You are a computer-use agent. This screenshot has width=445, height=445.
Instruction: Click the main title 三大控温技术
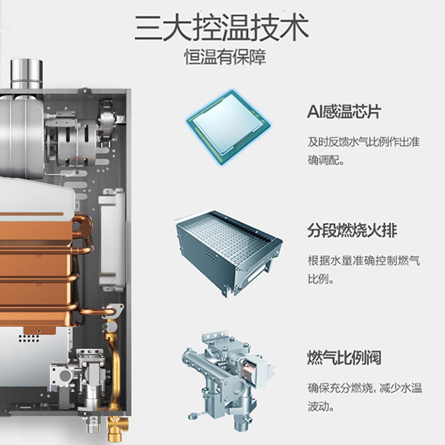click(221, 27)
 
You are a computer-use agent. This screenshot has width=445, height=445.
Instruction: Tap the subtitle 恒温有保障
click(225, 57)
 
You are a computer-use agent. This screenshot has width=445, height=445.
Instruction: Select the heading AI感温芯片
click(344, 111)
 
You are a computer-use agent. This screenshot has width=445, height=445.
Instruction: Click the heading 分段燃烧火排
click(352, 230)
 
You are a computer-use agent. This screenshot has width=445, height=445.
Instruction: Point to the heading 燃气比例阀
click(344, 357)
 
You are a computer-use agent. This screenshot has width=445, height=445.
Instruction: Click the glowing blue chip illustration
click(229, 127)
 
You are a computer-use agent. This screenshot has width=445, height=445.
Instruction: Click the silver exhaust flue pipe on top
click(27, 75)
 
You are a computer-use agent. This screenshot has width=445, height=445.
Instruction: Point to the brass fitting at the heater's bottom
click(117, 428)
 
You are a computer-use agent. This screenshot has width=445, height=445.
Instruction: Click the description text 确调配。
click(326, 161)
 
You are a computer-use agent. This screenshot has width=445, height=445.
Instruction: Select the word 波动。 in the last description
click(321, 406)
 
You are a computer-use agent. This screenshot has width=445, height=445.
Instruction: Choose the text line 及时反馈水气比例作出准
click(364, 142)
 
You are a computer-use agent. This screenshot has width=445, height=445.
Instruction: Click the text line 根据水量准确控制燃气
click(364, 260)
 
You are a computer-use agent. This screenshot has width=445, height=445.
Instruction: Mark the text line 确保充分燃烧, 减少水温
click(365, 388)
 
